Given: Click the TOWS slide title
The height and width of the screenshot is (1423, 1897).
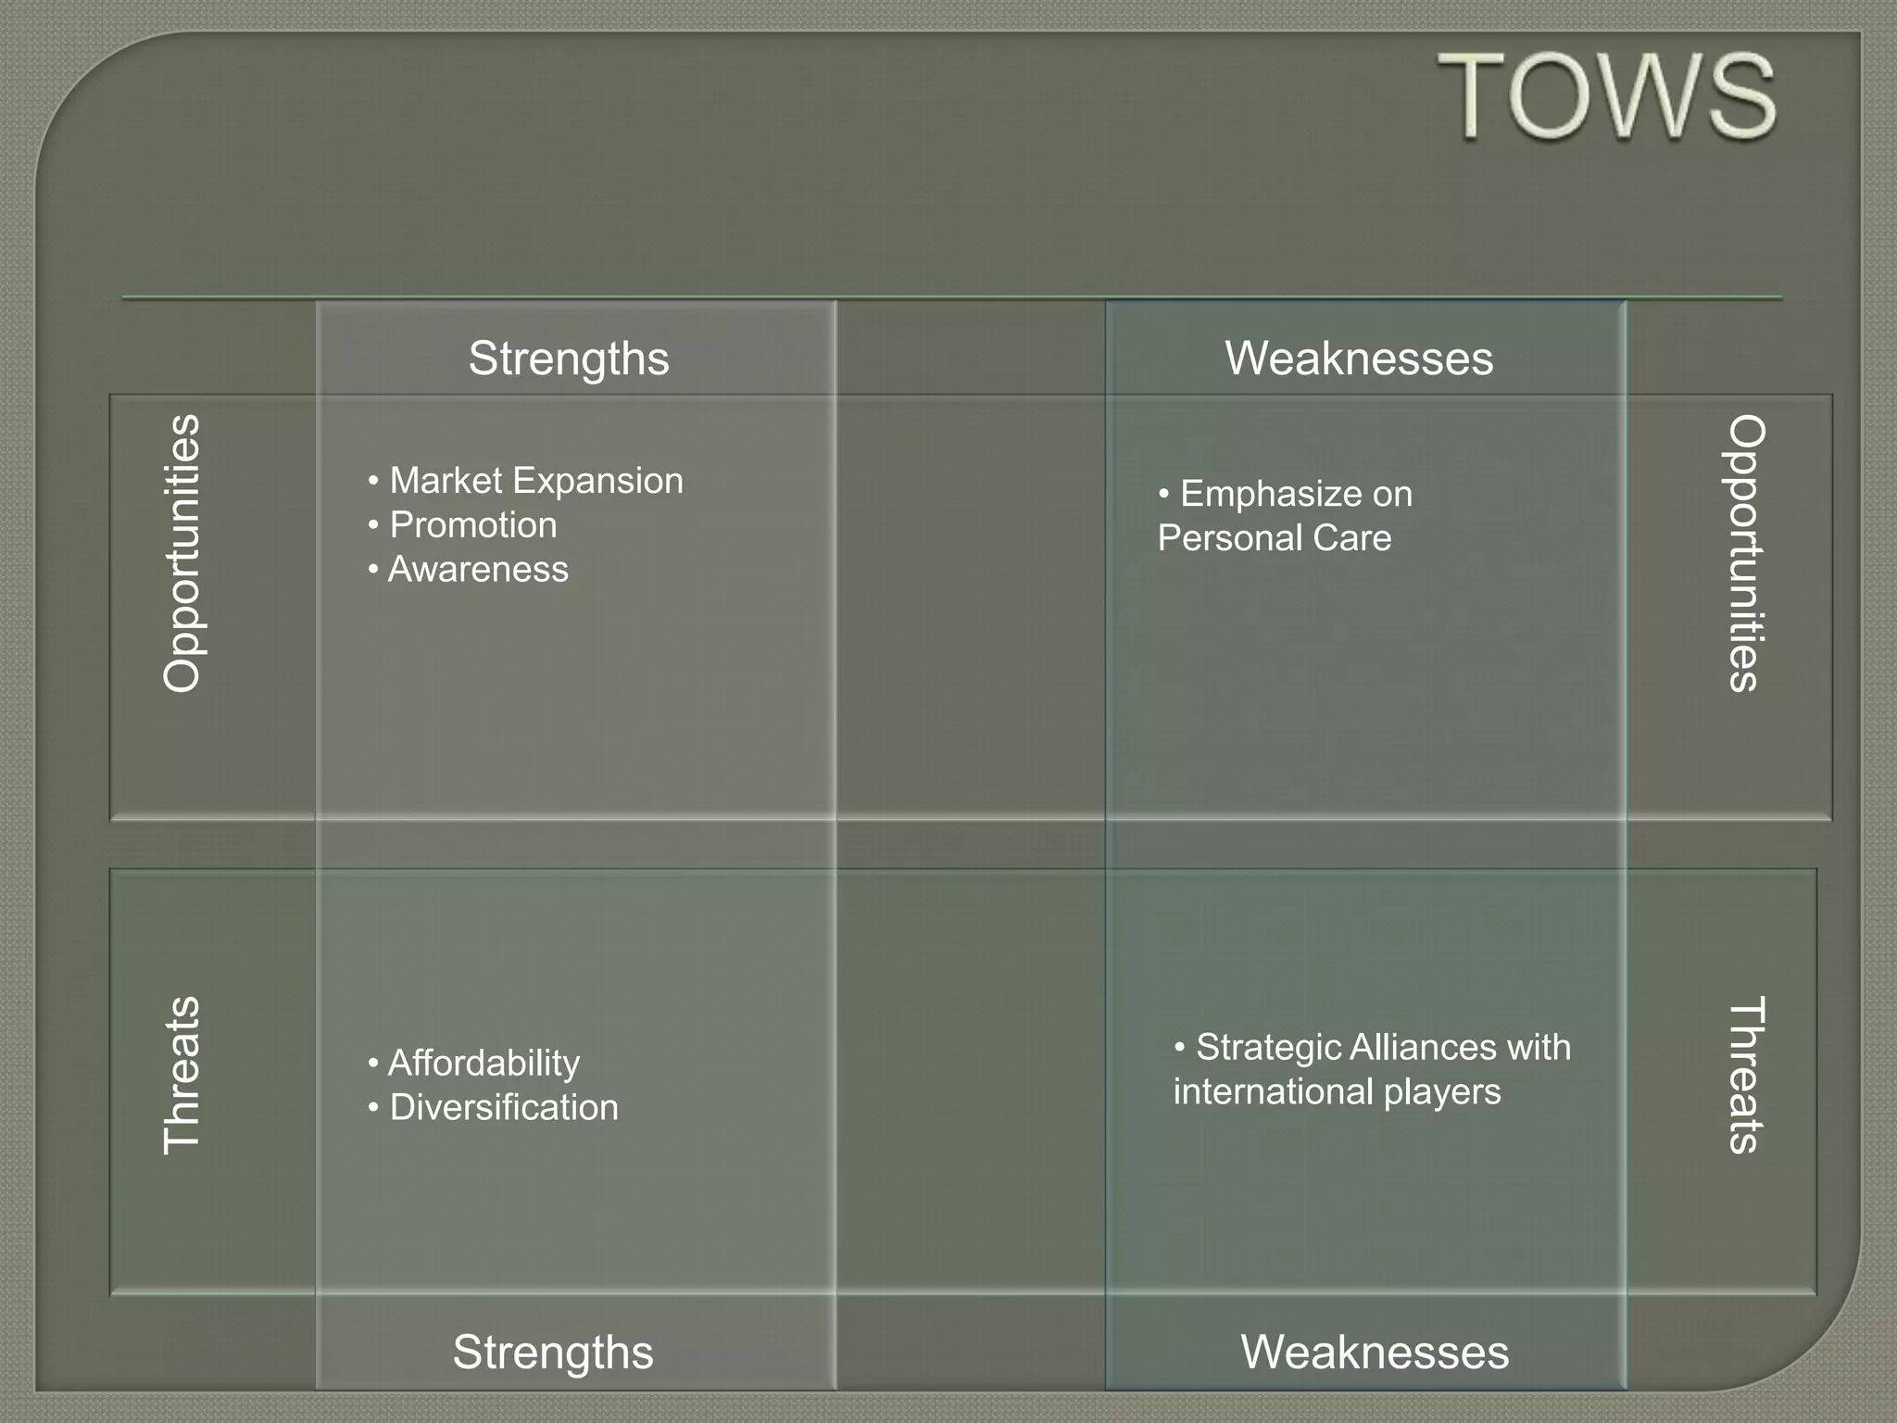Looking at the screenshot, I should [1606, 96].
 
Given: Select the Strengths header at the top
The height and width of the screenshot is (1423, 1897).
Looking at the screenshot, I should [568, 359].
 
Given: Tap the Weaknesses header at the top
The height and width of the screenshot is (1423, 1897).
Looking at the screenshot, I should [1359, 359].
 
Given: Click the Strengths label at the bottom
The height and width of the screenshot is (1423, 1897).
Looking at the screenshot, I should [553, 1352].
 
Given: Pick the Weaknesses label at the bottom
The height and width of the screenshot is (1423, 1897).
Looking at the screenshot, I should [1375, 1352].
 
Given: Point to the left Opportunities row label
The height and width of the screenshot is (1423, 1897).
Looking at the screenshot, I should [182, 553].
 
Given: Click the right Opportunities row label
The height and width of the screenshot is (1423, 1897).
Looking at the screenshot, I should [1747, 553].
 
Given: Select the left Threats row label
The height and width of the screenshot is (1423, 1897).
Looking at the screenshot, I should [182, 1075].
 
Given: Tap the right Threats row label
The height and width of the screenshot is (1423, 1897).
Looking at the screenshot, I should [1747, 1075].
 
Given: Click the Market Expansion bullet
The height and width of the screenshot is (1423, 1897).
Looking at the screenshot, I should [535, 481].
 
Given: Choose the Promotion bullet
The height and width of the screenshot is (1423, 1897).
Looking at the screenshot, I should [472, 525].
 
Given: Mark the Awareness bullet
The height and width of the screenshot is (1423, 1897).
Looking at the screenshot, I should [477, 570].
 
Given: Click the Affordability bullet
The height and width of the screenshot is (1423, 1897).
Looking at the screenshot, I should [483, 1063].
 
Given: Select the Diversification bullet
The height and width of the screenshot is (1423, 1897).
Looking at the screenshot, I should [503, 1107].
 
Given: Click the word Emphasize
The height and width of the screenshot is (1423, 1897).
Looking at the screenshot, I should [1271, 495].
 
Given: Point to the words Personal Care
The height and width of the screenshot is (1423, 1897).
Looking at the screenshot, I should [1275, 538].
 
